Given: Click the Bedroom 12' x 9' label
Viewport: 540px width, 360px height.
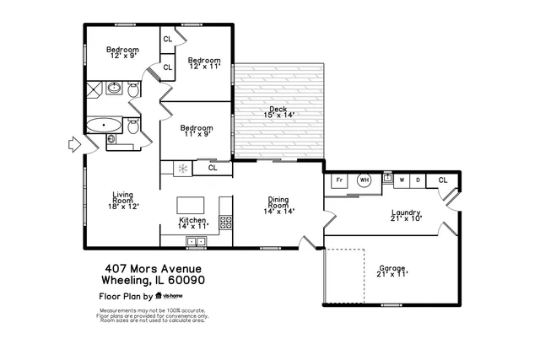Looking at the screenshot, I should [x=122, y=52].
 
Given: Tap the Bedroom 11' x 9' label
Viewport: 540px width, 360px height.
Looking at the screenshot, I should [x=196, y=130].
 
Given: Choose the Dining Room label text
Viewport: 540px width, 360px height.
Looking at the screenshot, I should [x=278, y=203].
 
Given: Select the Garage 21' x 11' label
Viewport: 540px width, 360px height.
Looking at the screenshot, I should [x=392, y=271].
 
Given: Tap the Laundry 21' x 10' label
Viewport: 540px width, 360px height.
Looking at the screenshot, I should [x=406, y=215].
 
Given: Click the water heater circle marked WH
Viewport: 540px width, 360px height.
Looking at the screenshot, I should [x=364, y=180].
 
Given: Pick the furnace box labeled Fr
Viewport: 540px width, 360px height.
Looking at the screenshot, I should [x=339, y=180].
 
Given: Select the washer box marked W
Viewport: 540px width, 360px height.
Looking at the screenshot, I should [x=402, y=180].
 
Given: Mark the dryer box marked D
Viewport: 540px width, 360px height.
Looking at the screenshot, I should [x=418, y=180].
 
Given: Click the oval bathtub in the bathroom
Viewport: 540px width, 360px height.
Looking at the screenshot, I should [x=104, y=126].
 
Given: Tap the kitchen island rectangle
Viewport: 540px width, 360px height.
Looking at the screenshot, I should [x=192, y=206].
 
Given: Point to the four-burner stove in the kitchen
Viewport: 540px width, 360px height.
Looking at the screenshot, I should [x=226, y=223].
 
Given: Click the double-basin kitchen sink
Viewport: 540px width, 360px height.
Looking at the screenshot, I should [x=196, y=242].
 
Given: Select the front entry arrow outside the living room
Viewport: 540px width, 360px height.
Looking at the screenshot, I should [x=73, y=146].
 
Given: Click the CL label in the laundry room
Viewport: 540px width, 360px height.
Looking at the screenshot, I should [x=442, y=180].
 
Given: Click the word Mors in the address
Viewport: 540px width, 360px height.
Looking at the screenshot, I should [x=133, y=268].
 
